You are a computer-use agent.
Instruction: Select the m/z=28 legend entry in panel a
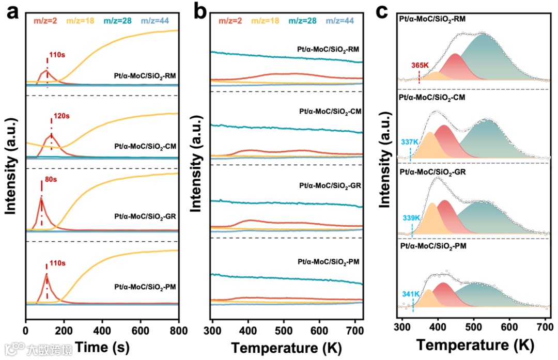pyautogui.click(x=118, y=21)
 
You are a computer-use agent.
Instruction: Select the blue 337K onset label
pyautogui.click(x=410, y=141)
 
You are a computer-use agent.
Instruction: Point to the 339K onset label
pyautogui.click(x=411, y=218)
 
